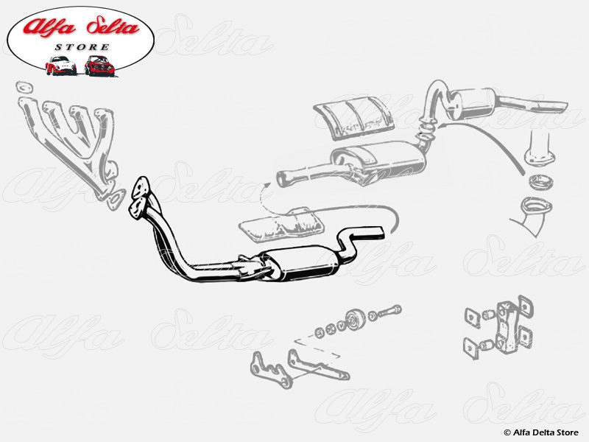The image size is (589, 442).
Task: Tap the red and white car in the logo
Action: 60,66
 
